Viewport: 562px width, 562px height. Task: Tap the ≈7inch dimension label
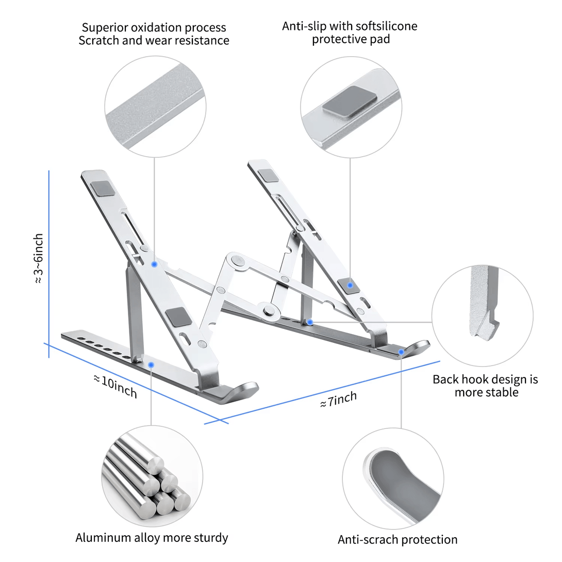[x=338, y=399]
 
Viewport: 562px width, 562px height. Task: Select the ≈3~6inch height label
[x=39, y=259]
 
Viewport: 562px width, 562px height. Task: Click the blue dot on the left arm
[x=154, y=264]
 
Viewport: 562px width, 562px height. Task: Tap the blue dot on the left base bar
[x=151, y=365]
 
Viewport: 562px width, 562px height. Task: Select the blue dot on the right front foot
[x=401, y=352]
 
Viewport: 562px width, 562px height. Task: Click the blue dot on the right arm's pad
[x=350, y=285]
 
